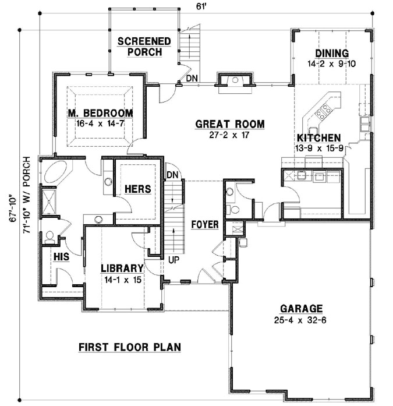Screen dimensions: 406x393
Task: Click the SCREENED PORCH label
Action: [x=144, y=46]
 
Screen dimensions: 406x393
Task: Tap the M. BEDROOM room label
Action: [x=100, y=113]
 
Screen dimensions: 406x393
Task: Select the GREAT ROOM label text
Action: [x=229, y=124]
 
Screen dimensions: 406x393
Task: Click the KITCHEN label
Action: [x=318, y=138]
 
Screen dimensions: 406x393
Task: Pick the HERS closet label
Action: [x=137, y=189]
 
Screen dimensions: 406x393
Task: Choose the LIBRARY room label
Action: [x=122, y=269]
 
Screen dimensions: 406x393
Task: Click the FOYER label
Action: [x=204, y=224]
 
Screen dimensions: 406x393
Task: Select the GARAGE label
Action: [x=301, y=309]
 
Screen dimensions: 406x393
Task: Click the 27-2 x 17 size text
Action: [x=229, y=135]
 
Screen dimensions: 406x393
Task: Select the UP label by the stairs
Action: [x=173, y=259]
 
